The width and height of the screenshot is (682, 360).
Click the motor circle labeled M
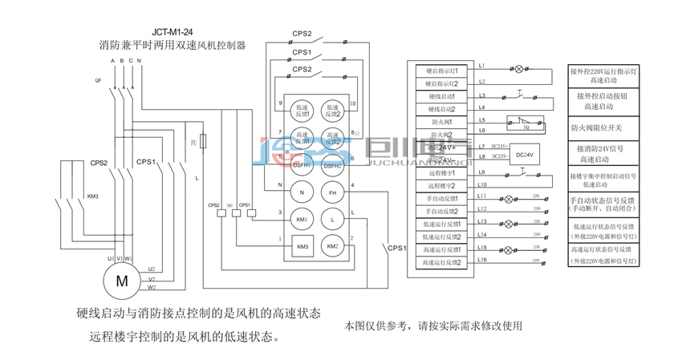122,281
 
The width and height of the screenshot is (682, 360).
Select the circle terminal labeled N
302,192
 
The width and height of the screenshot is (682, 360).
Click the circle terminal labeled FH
332,192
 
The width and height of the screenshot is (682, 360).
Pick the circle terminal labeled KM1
302,218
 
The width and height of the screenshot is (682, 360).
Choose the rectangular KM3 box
302,246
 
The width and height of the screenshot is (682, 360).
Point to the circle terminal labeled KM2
332,245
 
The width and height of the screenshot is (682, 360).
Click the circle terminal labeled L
332,218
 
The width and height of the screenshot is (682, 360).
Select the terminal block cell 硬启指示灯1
442,71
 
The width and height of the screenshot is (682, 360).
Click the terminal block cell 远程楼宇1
442,172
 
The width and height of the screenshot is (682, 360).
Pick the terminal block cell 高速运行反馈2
442,262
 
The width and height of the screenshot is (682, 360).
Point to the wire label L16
482,259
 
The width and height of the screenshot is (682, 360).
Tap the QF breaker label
99,80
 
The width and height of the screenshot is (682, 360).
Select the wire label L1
481,65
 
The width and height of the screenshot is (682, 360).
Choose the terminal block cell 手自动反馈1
442,198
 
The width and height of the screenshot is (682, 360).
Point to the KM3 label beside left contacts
92,196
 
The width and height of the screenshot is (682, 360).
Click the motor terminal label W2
152,287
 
